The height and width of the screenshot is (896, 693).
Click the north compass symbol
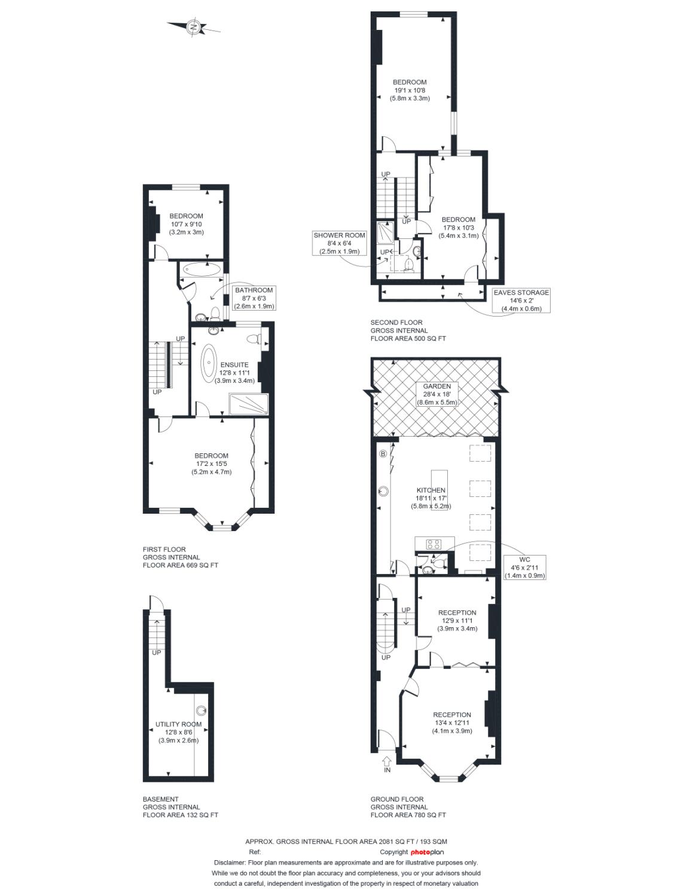[194, 27]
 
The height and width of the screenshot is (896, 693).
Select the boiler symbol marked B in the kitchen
[383, 454]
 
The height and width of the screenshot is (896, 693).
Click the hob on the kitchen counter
[433, 544]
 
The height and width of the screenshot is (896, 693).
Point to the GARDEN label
[436, 386]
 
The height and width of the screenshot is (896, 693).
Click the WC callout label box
[524, 567]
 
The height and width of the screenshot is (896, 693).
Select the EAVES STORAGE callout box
[521, 300]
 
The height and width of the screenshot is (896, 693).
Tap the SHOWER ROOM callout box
[339, 243]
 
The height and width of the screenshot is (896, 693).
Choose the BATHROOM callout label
[254, 298]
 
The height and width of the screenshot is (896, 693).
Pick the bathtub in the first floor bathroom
[202, 269]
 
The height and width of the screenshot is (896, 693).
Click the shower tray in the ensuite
[249, 404]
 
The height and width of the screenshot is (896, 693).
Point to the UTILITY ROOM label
[178, 724]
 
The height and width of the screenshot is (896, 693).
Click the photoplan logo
[427, 852]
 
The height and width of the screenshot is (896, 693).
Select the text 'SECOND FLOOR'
[396, 323]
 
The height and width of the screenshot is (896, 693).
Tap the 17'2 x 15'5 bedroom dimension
[211, 464]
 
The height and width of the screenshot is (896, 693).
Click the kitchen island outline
[439, 490]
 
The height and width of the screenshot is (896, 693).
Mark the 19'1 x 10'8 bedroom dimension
[410, 90]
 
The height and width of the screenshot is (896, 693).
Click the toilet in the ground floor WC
[439, 563]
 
